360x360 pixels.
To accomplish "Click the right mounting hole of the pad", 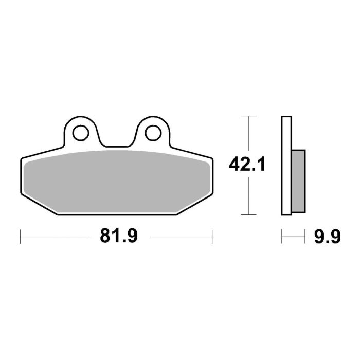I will tap(152, 133).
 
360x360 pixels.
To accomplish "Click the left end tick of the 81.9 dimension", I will tap(20, 237).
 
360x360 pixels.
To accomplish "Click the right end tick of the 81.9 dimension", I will tap(212, 237).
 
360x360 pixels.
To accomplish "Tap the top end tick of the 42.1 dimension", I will tap(249, 117).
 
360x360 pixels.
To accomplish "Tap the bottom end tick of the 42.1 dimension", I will tap(249, 214).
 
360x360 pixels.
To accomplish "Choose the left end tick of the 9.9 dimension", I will tap(282, 237).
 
